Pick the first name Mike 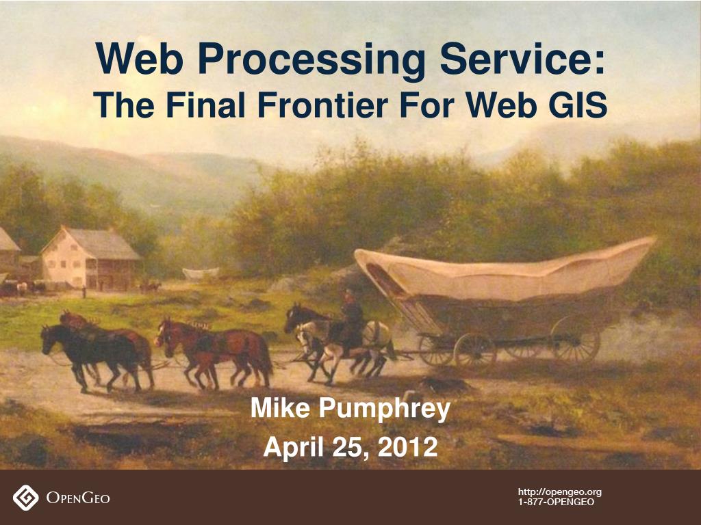tap(280, 407)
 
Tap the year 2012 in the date tap(407, 447)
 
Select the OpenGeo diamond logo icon tap(25, 498)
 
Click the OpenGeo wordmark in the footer tap(78, 498)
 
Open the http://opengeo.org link tap(560, 492)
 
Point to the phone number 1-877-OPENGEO tap(556, 502)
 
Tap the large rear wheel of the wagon tap(575, 339)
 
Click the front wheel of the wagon tap(475, 351)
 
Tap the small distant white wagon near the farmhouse tap(201, 273)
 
